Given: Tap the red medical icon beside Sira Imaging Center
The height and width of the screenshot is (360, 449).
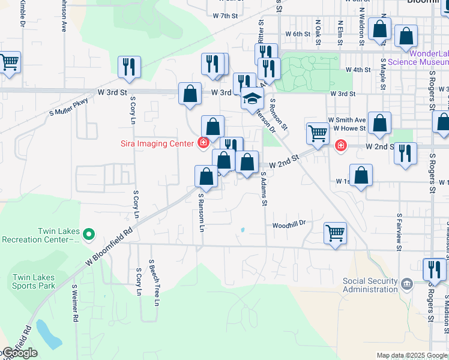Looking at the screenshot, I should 203,143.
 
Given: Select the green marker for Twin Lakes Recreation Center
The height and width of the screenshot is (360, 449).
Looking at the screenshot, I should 89,234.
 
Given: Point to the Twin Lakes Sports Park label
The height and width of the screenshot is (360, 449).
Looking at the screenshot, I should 34,281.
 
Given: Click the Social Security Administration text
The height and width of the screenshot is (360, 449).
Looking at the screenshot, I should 370,285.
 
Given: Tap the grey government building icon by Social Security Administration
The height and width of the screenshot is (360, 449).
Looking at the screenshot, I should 407,283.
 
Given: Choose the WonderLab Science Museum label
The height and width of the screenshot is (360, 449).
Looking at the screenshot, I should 418,57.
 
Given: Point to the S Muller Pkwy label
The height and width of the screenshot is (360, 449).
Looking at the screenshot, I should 68,106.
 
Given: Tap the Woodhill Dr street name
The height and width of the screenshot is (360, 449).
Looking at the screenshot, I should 289,224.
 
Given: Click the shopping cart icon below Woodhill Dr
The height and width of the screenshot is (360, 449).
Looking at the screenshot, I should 335,232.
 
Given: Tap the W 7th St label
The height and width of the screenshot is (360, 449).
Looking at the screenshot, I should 226,16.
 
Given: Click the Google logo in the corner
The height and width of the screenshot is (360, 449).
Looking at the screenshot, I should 19,353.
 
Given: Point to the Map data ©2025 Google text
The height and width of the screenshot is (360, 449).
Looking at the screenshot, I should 411,355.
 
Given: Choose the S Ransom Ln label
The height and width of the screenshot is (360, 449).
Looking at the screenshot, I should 202,212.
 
